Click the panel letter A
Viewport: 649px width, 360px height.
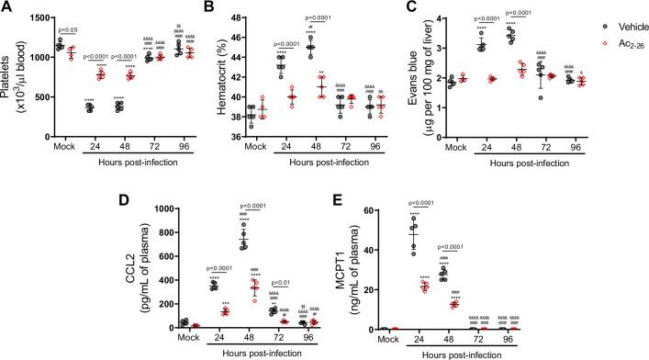(8, 8)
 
